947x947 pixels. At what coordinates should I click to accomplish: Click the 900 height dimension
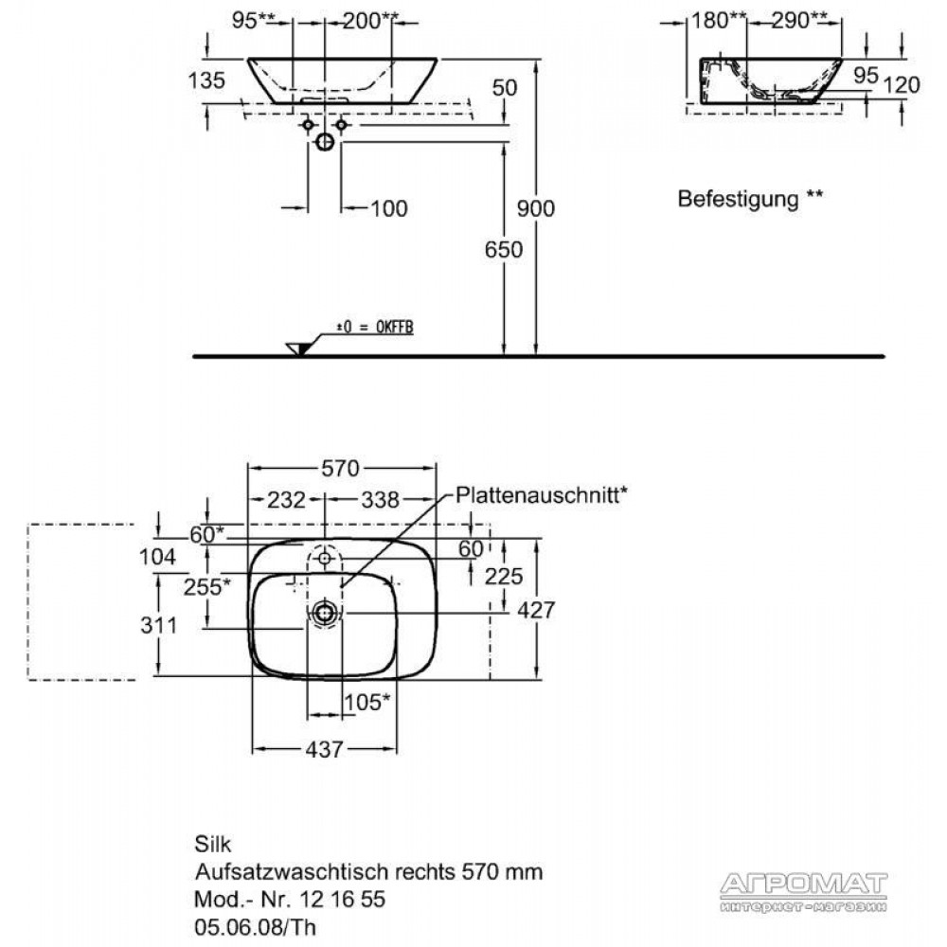tap(536, 208)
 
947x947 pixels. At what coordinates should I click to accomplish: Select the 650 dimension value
tap(504, 249)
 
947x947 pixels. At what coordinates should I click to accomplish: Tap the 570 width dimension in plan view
tap(340, 468)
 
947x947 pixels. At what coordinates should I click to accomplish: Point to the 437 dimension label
tap(324, 749)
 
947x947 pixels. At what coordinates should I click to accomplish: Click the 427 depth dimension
tap(536, 610)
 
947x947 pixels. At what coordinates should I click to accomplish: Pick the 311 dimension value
tap(159, 626)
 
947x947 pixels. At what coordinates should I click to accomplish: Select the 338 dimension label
tap(381, 500)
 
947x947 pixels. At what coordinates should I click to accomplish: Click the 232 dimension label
tap(286, 500)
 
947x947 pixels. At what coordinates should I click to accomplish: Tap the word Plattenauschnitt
tap(537, 495)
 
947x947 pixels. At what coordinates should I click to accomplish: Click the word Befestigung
tap(738, 199)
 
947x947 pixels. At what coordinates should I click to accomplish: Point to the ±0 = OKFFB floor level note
tap(375, 328)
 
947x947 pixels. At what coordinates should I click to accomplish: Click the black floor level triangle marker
tap(303, 348)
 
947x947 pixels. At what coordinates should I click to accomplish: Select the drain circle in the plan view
tap(325, 613)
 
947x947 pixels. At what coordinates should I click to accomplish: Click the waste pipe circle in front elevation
tap(325, 143)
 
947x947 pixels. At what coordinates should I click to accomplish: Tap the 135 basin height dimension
tap(206, 80)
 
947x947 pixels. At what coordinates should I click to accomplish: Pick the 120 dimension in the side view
tap(902, 85)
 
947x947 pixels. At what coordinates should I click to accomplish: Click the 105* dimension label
tap(366, 703)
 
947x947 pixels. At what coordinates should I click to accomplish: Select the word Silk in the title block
tap(212, 844)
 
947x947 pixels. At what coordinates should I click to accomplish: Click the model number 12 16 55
tap(342, 900)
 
